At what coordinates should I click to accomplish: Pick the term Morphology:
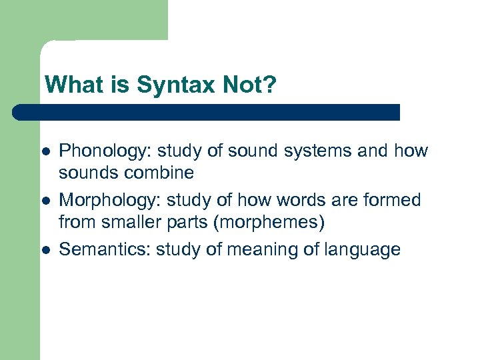(110, 200)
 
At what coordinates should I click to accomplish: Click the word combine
(160, 173)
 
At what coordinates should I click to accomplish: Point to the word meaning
(257, 250)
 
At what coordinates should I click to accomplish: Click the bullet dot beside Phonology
(45, 151)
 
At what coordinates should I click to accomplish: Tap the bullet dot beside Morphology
(45, 201)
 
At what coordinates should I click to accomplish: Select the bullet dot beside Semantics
(45, 250)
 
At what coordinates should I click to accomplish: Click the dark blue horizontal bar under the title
(207, 112)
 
